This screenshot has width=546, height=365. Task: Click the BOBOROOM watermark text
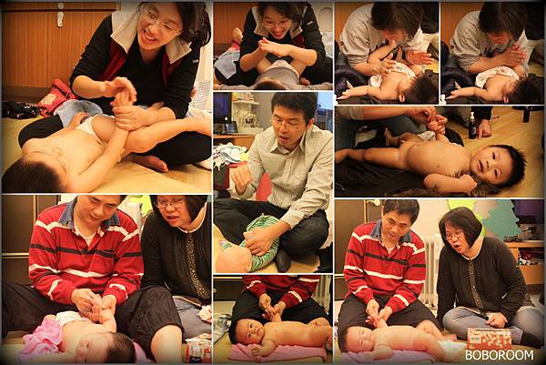500,355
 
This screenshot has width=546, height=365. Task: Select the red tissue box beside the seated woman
490,339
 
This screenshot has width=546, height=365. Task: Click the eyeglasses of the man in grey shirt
286,123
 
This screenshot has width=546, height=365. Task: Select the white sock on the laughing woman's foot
204,164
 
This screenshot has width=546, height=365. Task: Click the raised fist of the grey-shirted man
242,177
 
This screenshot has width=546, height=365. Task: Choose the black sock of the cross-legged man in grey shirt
283,260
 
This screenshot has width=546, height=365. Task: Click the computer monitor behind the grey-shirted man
223,112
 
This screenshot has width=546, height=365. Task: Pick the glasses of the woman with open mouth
454,237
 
